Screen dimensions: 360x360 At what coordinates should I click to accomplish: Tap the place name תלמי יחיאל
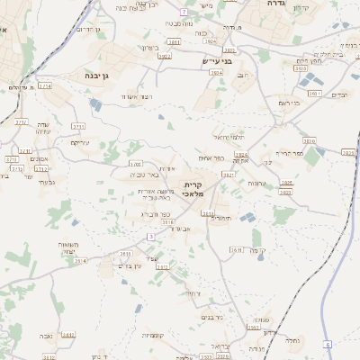pyautogui.click(x=229, y=137)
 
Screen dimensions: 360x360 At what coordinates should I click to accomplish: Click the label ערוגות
pyautogui.click(x=256, y=183)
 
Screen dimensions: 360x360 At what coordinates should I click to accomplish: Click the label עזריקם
pyautogui.click(x=80, y=142)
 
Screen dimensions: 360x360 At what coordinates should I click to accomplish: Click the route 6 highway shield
pyautogui.click(x=328, y=345)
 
